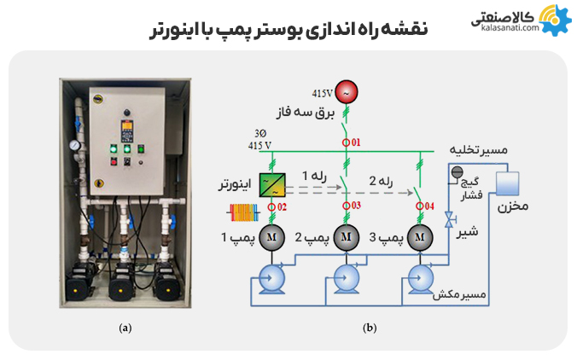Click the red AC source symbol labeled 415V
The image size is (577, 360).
point(347,90)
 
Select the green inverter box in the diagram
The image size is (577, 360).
point(272,184)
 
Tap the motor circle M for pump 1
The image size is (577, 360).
point(272,235)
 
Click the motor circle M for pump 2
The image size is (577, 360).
point(346,235)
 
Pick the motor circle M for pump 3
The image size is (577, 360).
point(418,235)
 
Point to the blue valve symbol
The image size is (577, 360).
point(449,220)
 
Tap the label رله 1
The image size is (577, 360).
point(312,176)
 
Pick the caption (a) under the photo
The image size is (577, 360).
point(125,327)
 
